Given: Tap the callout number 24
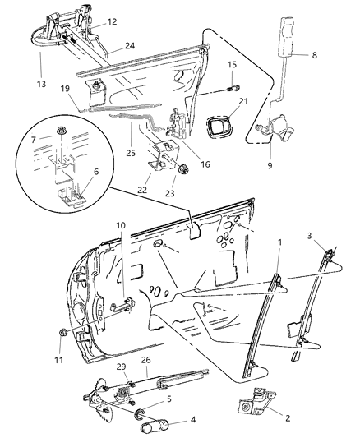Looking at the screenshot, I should pyautogui.click(x=130, y=47).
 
